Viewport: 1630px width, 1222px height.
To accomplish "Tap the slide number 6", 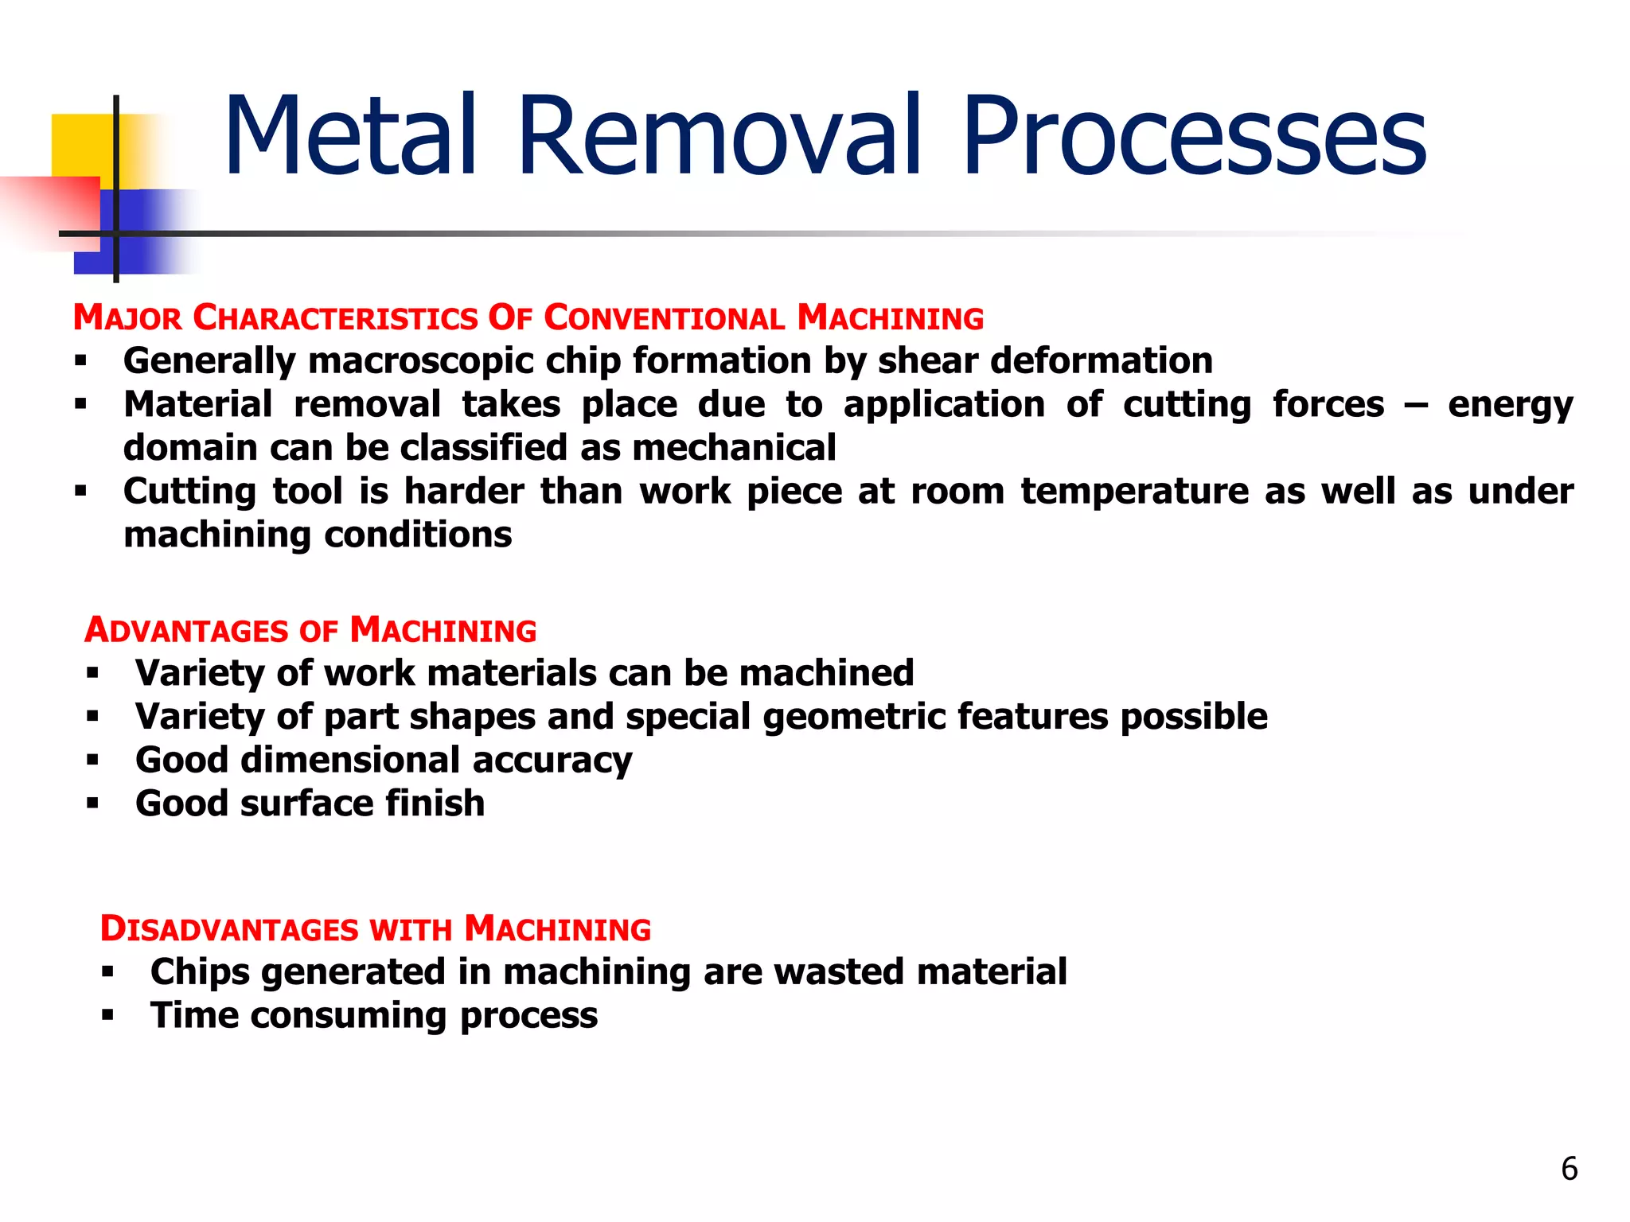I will [x=1569, y=1169].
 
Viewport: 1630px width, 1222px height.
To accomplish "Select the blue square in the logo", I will [x=143, y=231].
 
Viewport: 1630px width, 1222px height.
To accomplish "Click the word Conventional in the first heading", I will [x=665, y=318].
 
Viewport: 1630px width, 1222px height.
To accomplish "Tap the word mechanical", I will [x=734, y=448].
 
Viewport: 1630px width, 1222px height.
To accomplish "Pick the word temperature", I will [x=1135, y=492].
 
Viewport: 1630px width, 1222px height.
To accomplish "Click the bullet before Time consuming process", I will [x=107, y=1016].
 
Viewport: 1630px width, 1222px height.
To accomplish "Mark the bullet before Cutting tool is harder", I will [x=80, y=492].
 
